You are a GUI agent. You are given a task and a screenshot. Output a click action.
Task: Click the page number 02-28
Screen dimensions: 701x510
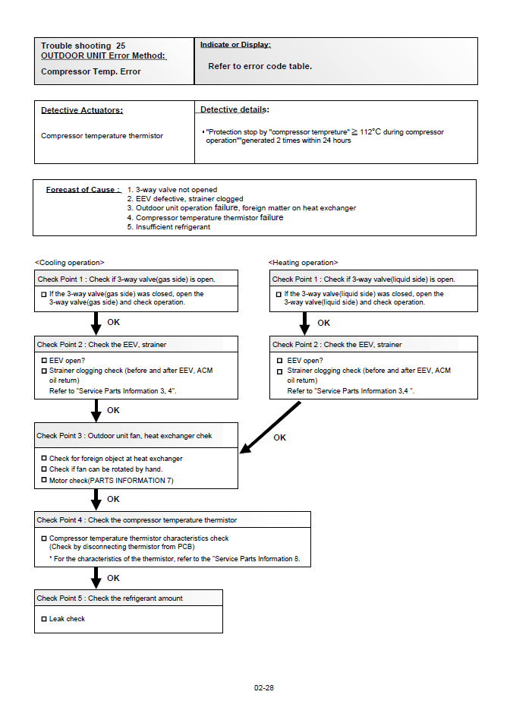pos(264,687)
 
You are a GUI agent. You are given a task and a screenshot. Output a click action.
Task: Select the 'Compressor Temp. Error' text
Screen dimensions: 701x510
pos(90,71)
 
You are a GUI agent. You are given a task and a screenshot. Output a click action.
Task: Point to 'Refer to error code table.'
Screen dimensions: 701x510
pos(260,66)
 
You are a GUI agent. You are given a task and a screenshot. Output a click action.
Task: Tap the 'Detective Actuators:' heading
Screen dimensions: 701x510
pos(82,110)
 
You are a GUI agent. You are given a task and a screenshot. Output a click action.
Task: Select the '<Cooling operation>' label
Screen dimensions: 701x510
pos(70,263)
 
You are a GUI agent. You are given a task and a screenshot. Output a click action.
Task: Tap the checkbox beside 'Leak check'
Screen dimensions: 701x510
pos(43,619)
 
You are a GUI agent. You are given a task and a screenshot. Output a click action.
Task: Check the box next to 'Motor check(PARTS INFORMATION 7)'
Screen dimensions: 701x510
pos(43,480)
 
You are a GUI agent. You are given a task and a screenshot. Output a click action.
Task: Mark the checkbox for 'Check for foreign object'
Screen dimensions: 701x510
pos(43,459)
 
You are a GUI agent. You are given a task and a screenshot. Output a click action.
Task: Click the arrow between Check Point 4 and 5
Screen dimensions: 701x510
pos(96,577)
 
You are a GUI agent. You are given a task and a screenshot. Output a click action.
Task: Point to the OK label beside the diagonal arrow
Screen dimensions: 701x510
pos(279,437)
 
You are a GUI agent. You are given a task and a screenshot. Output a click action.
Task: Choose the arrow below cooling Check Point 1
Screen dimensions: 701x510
pos(96,323)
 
